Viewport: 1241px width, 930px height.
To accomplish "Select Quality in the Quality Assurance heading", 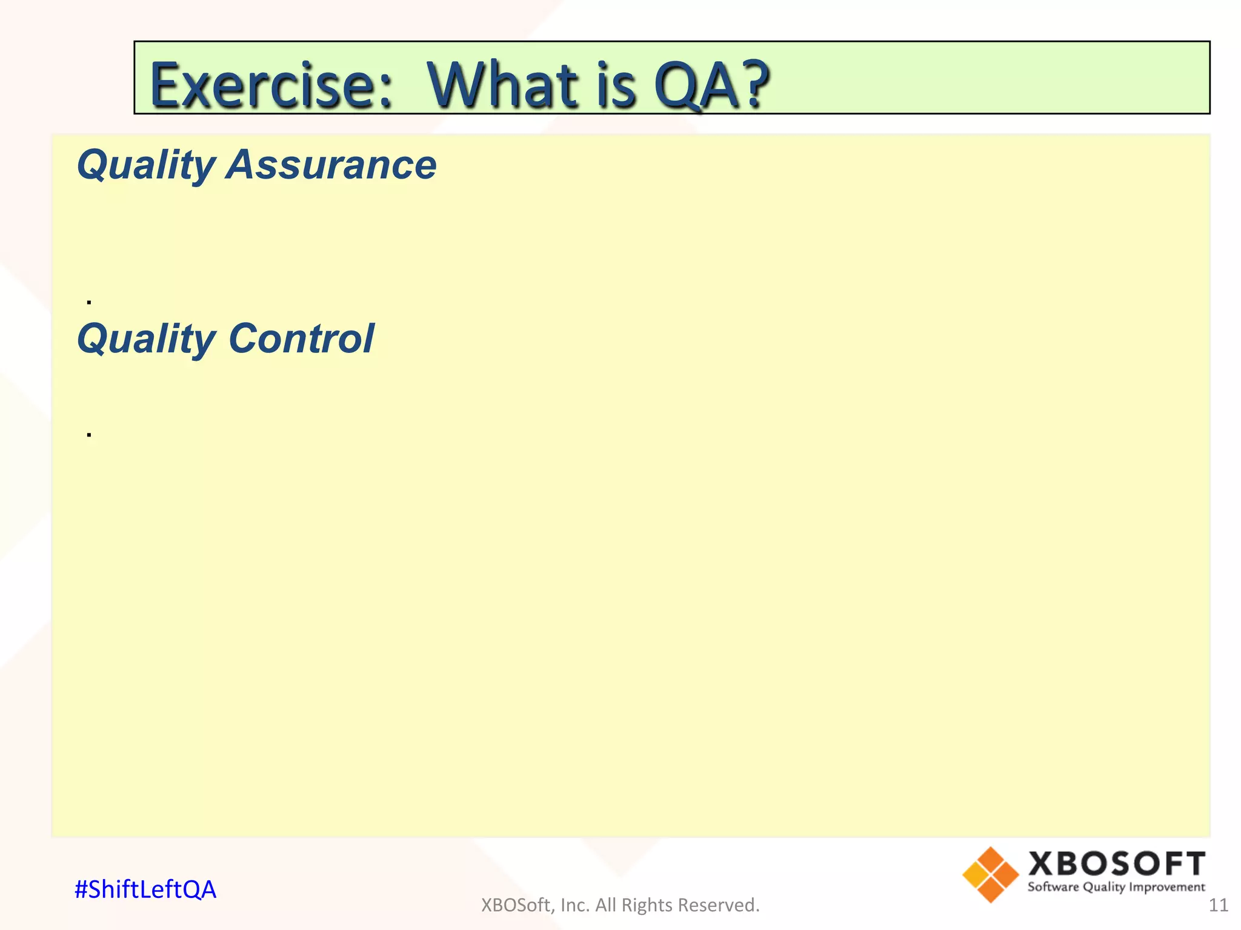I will click(x=145, y=166).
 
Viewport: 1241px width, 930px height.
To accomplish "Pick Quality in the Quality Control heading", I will click(x=145, y=339).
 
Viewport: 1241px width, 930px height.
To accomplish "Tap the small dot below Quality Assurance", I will click(x=89, y=302).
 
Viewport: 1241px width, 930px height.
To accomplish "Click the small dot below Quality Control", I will click(x=89, y=435).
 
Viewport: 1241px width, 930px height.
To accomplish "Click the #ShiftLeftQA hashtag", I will click(x=145, y=889).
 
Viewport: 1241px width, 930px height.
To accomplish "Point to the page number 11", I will click(x=1218, y=905).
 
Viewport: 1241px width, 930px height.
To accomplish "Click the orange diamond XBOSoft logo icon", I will click(x=990, y=874).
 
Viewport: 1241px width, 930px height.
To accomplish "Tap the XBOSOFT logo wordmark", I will click(x=1116, y=863).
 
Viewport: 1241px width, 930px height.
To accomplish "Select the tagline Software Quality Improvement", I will click(x=1116, y=888).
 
